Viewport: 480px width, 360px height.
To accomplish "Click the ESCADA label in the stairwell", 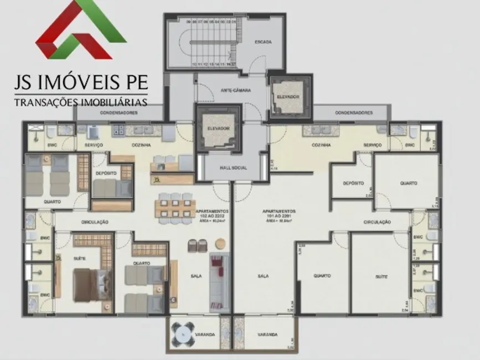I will [x=263, y=42].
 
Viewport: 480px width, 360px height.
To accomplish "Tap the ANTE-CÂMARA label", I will [x=233, y=90].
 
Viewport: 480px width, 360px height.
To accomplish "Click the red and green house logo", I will [x=81, y=30].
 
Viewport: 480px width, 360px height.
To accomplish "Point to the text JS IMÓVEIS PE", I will [x=81, y=84].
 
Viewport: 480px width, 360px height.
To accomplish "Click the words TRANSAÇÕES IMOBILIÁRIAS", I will [x=81, y=102].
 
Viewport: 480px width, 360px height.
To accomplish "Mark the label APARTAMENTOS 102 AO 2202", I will [x=211, y=214].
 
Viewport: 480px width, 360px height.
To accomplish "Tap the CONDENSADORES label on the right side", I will [x=354, y=113].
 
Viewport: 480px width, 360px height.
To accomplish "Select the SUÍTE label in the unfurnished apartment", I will [x=381, y=276].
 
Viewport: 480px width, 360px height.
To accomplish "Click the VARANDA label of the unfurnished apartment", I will [x=268, y=335].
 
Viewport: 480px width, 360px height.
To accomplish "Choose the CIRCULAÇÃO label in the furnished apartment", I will [x=95, y=222].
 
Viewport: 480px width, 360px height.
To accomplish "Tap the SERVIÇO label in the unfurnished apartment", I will [x=373, y=145].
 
